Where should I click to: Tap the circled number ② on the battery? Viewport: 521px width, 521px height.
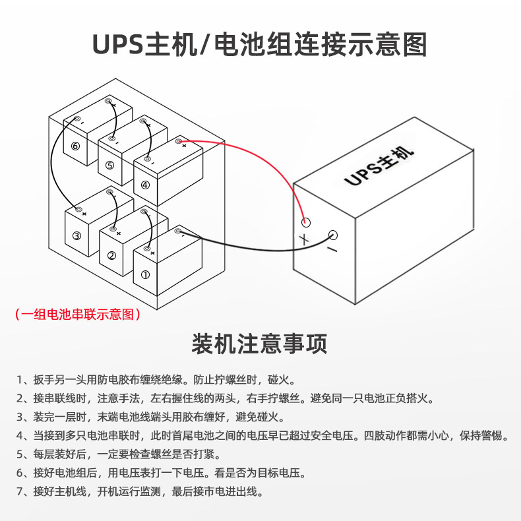[x=111, y=255]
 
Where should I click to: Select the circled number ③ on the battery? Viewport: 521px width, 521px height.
[x=77, y=235]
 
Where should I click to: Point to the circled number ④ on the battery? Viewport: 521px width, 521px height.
[x=145, y=185]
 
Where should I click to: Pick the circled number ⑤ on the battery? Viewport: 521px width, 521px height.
[x=109, y=165]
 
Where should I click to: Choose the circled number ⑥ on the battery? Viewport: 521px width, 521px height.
[x=75, y=146]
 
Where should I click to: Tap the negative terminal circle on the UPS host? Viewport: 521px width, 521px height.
[x=334, y=235]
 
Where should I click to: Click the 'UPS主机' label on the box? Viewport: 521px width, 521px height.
[x=379, y=166]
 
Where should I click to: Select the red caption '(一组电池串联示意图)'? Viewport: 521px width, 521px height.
[x=78, y=315]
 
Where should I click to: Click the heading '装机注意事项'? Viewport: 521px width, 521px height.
[x=260, y=344]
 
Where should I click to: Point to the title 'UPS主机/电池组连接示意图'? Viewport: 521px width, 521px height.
[x=260, y=45]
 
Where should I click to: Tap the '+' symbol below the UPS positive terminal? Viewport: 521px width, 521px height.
[x=304, y=239]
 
